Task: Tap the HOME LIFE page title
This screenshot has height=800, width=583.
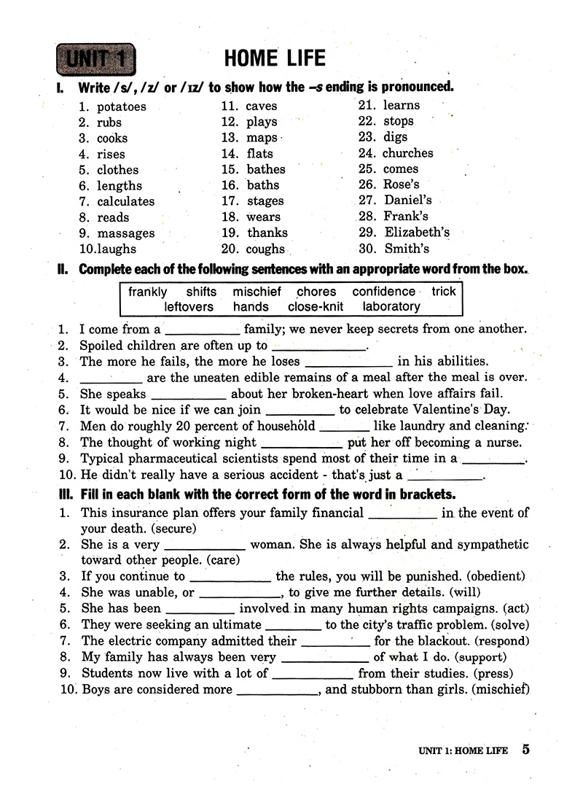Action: pos(275,58)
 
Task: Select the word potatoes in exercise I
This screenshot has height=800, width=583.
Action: pos(122,106)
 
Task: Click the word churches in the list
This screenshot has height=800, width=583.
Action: pos(407,153)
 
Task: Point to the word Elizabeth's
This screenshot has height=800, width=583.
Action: pos(417,233)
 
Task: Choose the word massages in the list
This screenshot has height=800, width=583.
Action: pos(126,233)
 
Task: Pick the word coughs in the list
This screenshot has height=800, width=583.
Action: pos(266,249)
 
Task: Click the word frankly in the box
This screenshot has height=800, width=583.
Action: pos(148,292)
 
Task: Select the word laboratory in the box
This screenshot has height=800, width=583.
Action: pos(391,307)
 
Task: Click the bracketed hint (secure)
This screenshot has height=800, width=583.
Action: pos(174,528)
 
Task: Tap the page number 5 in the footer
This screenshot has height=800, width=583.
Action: pos(526,750)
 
